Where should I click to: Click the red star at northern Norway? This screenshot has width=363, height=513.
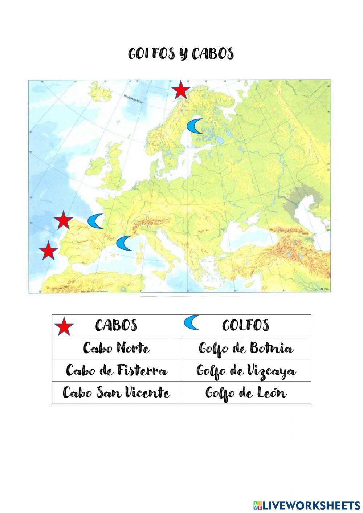pos(180,90)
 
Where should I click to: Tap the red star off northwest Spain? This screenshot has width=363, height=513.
pos(63,220)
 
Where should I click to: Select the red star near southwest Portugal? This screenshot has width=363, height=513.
pos(48,251)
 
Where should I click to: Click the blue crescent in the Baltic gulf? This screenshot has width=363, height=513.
pos(195,126)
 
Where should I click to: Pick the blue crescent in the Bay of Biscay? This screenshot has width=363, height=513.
pos(95,221)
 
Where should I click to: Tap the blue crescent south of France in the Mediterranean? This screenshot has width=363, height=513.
pos(124,243)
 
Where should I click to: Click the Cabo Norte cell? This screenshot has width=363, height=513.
pos(117,348)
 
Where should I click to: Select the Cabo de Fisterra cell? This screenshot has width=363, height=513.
pos(117,371)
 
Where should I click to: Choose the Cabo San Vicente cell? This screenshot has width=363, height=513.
pos(117,393)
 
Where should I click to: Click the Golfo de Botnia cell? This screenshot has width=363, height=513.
pos(246,348)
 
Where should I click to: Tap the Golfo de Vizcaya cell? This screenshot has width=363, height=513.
pos(246,371)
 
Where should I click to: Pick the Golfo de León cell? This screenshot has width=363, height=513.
pos(246,393)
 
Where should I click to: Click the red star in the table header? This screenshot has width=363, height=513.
pos(64,326)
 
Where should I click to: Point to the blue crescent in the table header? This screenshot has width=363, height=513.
pos(191,322)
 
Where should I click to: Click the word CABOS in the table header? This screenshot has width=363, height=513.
pos(116,325)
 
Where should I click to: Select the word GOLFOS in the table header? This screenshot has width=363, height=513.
pos(246,325)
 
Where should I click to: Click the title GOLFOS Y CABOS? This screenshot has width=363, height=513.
pos(181,54)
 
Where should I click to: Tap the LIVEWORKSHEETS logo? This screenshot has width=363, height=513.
pos(307,505)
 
